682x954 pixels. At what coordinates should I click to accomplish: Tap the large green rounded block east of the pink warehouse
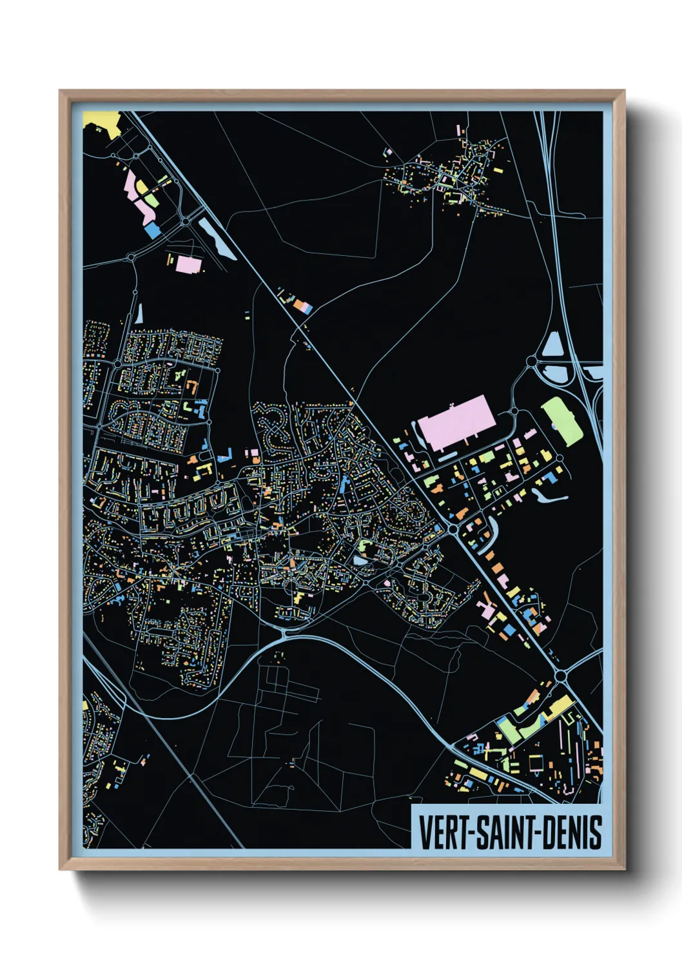(562, 420)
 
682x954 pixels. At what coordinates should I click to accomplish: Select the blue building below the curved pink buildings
(152, 230)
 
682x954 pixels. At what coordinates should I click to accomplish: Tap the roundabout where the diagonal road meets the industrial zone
(453, 529)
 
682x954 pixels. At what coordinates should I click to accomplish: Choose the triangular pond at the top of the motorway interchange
(553, 346)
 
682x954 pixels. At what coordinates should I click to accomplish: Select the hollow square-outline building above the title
(535, 763)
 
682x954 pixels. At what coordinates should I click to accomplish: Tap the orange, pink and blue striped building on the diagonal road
(303, 307)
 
